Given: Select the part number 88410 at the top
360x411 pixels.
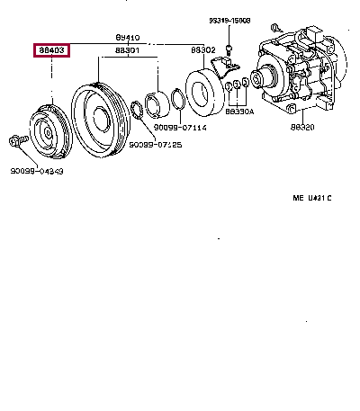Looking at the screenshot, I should pos(127,38).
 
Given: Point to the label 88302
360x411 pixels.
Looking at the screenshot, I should pos(202,50).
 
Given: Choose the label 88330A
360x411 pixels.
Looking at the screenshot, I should pos(240,112).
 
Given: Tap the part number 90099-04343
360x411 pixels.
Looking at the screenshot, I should pos(37,170).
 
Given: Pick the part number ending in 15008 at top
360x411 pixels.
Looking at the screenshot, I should pos(232,20).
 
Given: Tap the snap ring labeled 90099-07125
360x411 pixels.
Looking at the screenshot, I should pos(137,112).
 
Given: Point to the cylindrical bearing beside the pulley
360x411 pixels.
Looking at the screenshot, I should pos(157,104).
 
